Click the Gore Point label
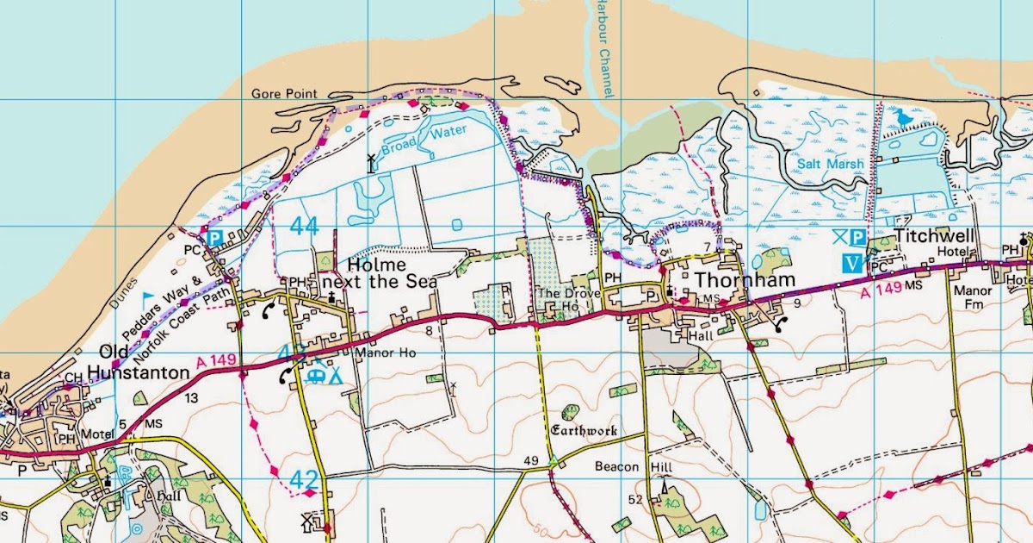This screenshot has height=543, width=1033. [284, 94]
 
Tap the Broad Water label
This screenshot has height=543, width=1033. [434, 136]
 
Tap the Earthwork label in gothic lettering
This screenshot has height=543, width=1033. [585, 430]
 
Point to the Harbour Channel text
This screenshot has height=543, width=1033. [603, 47]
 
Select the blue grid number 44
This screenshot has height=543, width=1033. [304, 227]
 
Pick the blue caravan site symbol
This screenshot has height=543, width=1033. [316, 375]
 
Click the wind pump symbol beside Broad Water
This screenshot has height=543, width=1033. [371, 162]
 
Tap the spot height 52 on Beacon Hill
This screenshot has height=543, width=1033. [636, 499]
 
